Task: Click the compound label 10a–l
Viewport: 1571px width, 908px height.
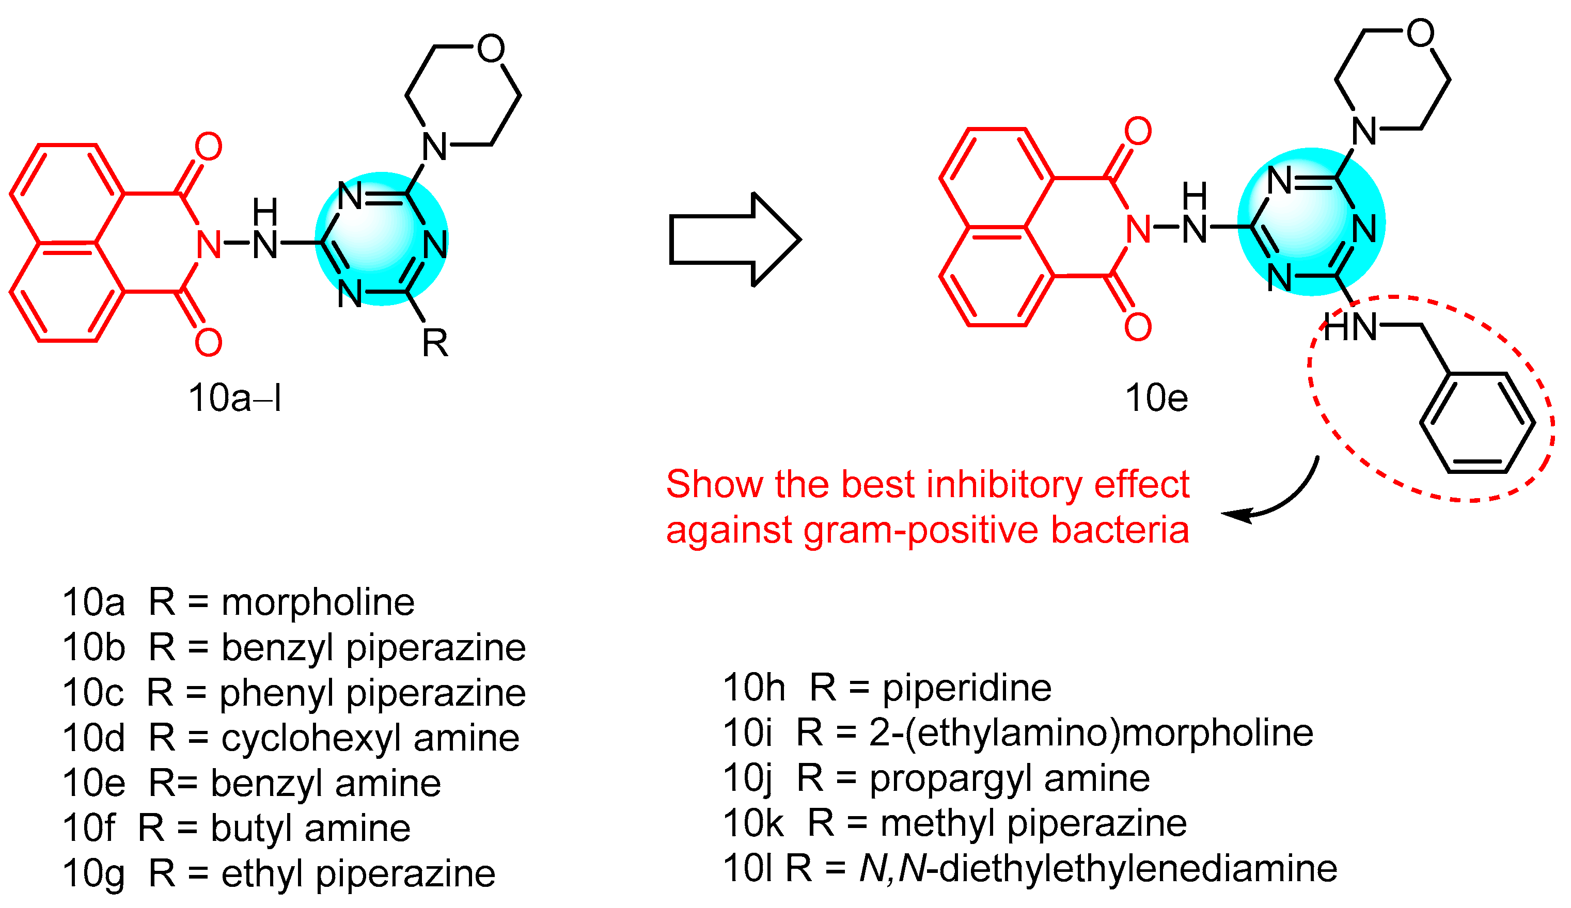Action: tap(235, 397)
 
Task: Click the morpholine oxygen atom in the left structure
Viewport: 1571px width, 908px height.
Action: tap(491, 48)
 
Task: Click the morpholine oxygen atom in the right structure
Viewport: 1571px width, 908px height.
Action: tap(1420, 33)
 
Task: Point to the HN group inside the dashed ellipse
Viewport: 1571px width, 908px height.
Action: tap(1349, 327)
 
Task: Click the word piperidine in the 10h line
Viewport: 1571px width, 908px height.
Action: tap(967, 688)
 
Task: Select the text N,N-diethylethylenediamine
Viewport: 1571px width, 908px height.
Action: tap(1098, 869)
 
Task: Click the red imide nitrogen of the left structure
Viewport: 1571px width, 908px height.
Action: tap(209, 244)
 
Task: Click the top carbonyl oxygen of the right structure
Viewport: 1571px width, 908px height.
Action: tap(1138, 131)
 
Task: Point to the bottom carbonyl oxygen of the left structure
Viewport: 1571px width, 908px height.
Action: tap(208, 342)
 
